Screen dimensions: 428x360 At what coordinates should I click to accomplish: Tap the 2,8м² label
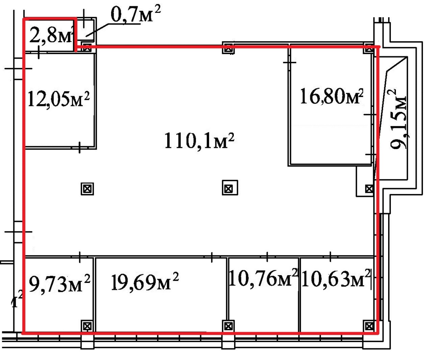51,35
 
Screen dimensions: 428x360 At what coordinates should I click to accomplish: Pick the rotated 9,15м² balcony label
397,119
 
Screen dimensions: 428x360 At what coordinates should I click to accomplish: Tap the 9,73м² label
59,284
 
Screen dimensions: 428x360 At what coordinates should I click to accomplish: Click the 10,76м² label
263,278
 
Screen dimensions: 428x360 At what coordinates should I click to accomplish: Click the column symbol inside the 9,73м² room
87,326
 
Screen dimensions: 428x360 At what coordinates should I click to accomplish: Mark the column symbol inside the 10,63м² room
369,326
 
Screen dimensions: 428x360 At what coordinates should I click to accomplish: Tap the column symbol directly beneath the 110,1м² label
230,187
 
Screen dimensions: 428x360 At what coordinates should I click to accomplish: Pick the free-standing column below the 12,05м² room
87,189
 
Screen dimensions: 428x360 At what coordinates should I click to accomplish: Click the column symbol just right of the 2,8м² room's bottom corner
87,48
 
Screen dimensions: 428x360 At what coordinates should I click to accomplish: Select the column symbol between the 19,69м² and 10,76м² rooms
228,326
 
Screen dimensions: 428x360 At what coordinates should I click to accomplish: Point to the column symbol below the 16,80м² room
369,189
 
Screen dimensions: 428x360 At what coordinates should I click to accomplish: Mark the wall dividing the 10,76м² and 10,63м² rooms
299,295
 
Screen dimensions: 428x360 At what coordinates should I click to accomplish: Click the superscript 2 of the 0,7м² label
157,9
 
